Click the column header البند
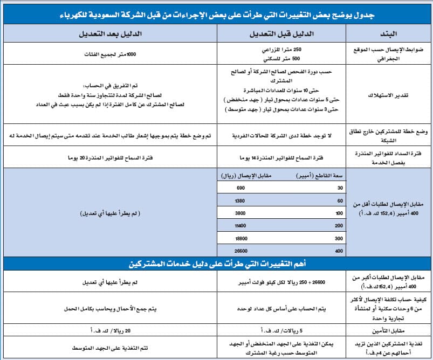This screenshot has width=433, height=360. click(389, 33)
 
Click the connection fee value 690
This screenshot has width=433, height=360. click(240, 188)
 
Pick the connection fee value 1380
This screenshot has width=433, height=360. click(240, 200)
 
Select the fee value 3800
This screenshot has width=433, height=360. click(240, 213)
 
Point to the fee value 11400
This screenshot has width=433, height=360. click(240, 226)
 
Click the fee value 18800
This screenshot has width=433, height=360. click(240, 239)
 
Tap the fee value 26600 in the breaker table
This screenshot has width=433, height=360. click(240, 251)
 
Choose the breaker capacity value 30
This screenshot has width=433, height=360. click(339, 188)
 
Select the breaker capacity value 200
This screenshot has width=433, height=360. click(339, 226)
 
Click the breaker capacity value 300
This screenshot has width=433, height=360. click(339, 239)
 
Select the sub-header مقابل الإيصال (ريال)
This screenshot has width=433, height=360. click(244, 176)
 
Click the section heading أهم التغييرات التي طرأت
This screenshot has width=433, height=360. click(216, 264)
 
